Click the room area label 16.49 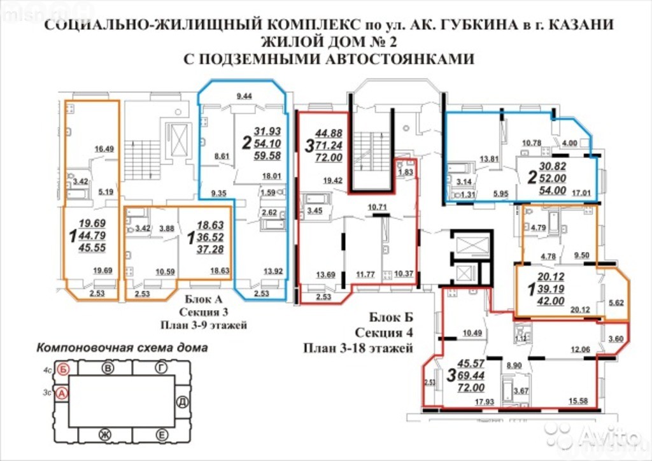pos(104,150)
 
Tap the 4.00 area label pos(569,144)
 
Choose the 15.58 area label pos(582,401)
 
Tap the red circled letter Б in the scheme pos(62,368)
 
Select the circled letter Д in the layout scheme pos(182,402)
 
